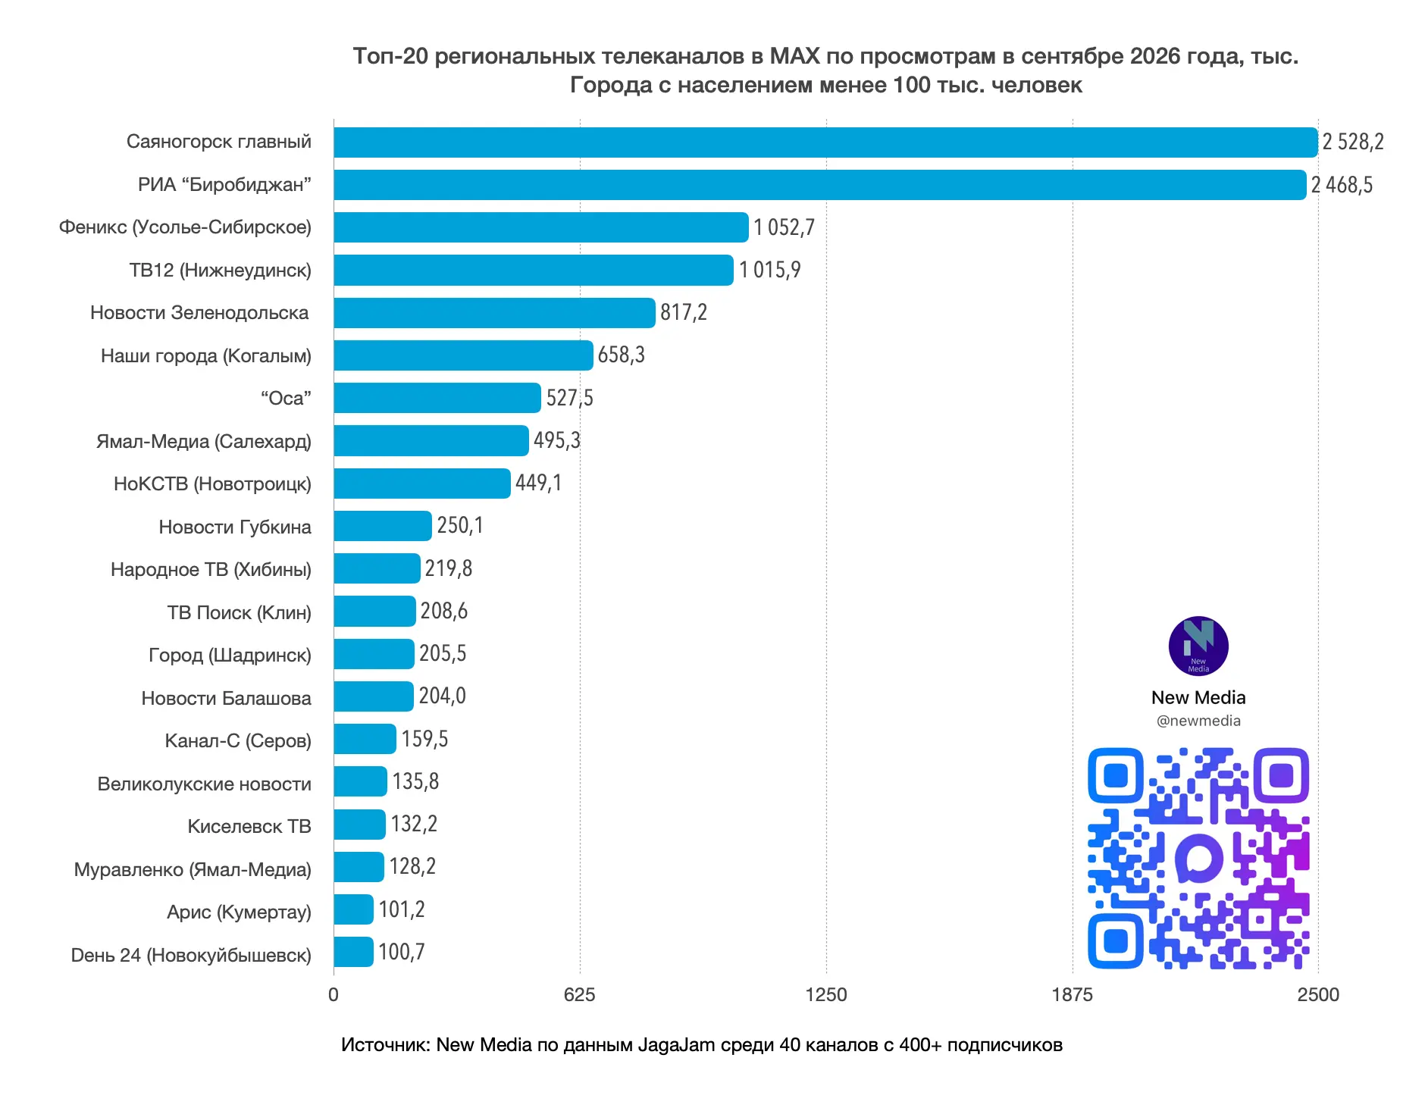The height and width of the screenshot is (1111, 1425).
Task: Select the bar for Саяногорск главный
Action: pos(825,142)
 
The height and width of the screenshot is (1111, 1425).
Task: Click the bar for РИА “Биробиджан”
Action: pos(820,185)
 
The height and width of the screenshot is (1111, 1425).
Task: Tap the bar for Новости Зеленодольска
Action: pos(494,313)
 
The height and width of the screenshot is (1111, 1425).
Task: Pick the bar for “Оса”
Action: pos(437,398)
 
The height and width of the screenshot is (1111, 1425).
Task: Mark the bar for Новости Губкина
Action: pos(383,526)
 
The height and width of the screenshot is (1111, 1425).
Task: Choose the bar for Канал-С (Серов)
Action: pos(365,739)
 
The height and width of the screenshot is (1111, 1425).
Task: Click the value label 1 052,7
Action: pos(784,227)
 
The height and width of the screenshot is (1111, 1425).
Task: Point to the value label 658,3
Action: pos(621,355)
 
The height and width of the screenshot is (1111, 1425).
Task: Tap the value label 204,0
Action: pos(442,696)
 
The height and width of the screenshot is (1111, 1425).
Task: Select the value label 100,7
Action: pos(402,952)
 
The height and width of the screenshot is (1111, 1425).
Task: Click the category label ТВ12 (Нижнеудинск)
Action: pos(220,271)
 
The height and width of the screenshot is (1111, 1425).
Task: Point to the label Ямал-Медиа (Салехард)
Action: pos(203,442)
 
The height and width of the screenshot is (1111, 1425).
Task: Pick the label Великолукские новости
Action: pos(204,784)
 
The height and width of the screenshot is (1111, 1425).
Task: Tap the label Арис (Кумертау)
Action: pos(239,912)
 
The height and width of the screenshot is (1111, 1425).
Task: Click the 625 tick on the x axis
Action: pos(580,995)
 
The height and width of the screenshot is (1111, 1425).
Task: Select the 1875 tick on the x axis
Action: pos(1073,995)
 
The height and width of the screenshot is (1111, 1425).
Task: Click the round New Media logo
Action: pos(1198,646)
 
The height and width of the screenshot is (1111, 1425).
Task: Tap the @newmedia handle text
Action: pos(1198,721)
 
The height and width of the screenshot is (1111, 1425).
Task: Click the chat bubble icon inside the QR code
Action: pos(1199,858)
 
